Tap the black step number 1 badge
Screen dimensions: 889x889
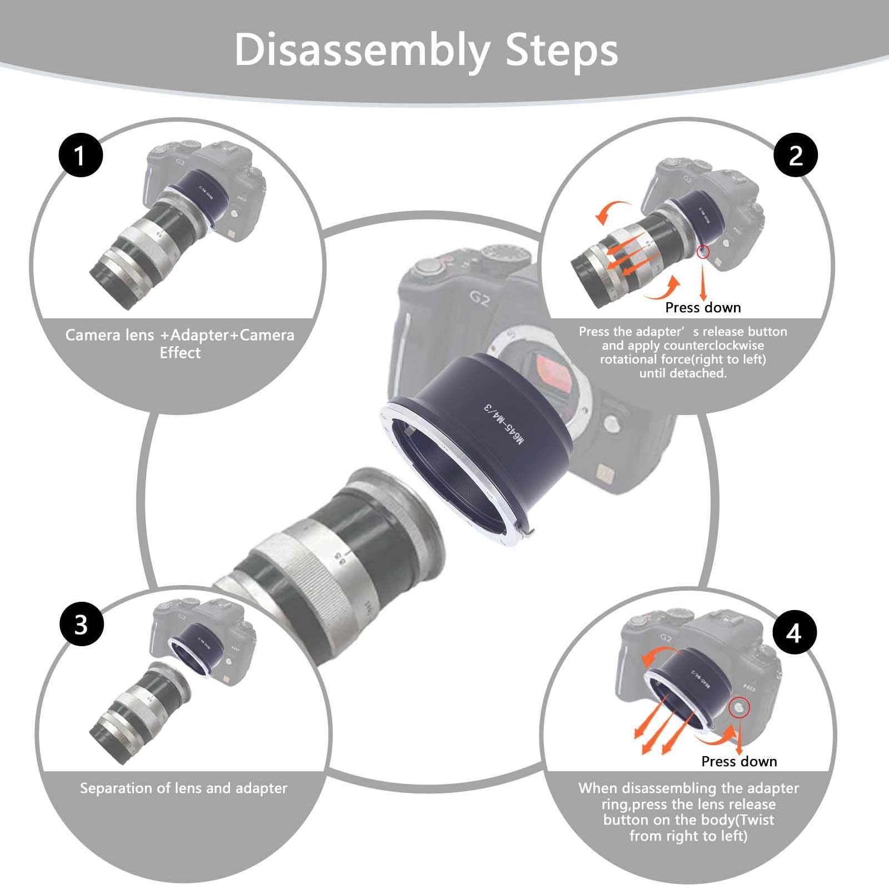click(x=81, y=155)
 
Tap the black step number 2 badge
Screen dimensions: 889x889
click(x=796, y=155)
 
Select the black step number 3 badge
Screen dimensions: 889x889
click(x=81, y=623)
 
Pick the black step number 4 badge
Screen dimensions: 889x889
click(x=794, y=632)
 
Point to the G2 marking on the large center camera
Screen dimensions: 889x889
click(x=479, y=301)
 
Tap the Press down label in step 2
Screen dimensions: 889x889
click(x=703, y=308)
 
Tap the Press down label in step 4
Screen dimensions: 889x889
click(x=739, y=761)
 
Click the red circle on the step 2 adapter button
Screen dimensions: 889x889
click(x=703, y=252)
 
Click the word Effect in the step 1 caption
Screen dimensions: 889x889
click(x=180, y=353)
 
